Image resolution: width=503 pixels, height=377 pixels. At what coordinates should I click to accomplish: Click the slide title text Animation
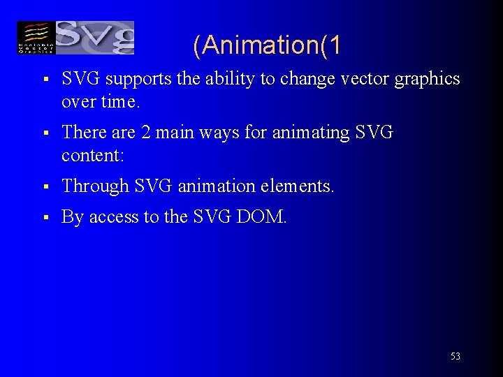click(267, 46)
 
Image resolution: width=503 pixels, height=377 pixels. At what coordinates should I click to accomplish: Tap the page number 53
click(455, 356)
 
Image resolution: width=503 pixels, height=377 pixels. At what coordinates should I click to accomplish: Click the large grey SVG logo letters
click(94, 38)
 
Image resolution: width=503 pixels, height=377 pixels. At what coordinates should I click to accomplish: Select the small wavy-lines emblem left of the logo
click(36, 38)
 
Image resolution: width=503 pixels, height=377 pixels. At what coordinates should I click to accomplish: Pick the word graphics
click(428, 80)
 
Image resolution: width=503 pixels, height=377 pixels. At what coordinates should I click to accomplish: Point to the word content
click(92, 154)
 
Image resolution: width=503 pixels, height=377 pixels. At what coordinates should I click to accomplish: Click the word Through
click(96, 186)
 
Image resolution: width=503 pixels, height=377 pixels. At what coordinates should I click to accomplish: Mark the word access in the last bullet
click(115, 218)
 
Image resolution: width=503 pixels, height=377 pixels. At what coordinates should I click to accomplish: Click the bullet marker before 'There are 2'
click(44, 133)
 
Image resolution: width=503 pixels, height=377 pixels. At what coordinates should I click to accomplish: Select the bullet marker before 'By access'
click(44, 218)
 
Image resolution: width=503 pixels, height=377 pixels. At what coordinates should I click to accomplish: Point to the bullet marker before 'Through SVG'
click(44, 187)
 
